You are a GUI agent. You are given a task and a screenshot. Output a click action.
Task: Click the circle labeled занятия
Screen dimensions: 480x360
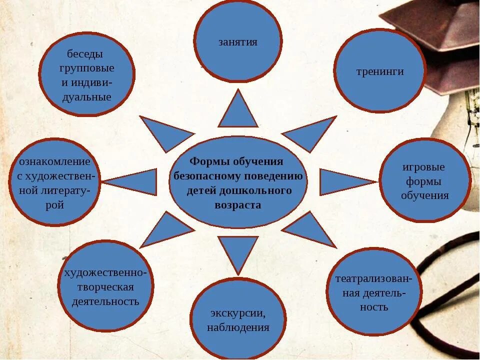click(238, 41)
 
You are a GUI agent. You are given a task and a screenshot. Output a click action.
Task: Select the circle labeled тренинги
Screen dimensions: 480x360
click(379, 71)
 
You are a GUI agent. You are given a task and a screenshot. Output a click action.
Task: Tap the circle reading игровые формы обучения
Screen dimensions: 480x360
click(424, 180)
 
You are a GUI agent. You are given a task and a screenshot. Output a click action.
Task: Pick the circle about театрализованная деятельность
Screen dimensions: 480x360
click(373, 292)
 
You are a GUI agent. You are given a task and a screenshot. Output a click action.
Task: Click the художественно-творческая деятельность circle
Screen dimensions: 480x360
click(105, 287)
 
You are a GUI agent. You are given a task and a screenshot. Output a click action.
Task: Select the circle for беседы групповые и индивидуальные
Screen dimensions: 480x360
click(86, 75)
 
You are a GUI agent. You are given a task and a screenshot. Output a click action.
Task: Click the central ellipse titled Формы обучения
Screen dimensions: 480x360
click(238, 182)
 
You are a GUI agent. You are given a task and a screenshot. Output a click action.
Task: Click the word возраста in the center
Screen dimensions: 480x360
click(238, 205)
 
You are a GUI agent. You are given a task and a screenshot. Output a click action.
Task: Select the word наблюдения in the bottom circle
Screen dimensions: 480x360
click(238, 328)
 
